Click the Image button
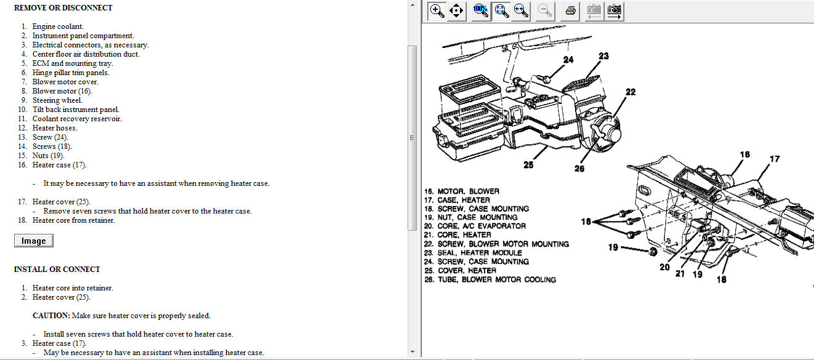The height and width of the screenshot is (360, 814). pos(34,241)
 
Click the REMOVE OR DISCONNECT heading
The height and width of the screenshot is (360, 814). pos(63,7)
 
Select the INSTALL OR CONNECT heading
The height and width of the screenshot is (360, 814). pos(57,269)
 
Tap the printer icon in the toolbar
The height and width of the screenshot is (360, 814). pos(570,11)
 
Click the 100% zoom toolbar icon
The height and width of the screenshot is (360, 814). pos(481,11)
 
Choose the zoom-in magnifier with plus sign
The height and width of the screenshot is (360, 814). pos(437,11)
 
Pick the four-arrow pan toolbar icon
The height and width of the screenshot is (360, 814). pos(456,11)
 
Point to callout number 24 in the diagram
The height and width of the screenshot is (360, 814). pos(568,60)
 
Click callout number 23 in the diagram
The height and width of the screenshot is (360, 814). pos(603,56)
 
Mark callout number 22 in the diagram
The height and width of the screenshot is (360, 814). pos(631,92)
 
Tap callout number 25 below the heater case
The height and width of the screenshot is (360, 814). pos(528,165)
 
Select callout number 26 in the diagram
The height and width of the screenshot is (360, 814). pos(579,169)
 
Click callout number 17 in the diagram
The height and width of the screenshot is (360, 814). pos(775,159)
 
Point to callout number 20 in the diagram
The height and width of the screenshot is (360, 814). pos(664,267)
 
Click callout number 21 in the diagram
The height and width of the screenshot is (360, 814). pos(680,274)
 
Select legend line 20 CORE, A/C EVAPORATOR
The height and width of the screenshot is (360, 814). pos(475,226)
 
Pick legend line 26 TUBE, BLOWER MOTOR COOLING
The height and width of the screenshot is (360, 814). pos(490,279)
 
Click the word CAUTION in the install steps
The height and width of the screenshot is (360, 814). pos(51,315)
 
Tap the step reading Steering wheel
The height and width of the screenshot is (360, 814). pos(57,100)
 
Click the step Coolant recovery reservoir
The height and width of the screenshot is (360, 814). pos(77,119)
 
